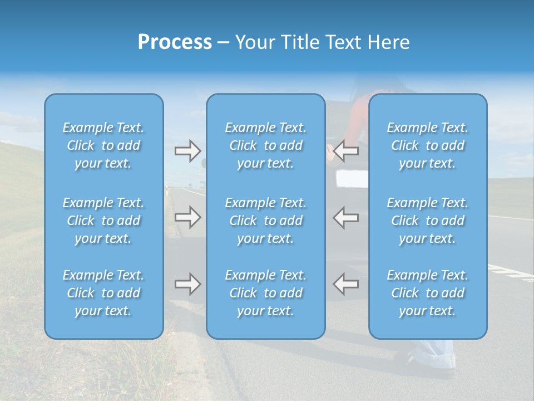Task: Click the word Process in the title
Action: point(175,42)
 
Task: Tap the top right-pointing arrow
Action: point(188,151)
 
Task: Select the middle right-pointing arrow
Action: point(188,217)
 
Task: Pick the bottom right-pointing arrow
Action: point(188,284)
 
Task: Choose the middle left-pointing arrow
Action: point(346,217)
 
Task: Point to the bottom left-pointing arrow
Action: point(346,284)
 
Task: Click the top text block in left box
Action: point(103,145)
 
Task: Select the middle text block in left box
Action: point(103,221)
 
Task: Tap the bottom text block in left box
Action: point(103,293)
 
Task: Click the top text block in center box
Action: point(266,145)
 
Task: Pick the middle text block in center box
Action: point(266,221)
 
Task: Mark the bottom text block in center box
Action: point(266,293)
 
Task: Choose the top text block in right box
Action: point(428,145)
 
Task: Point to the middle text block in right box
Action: point(428,221)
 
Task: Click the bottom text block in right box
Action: point(428,293)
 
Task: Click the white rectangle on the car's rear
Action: point(352,178)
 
